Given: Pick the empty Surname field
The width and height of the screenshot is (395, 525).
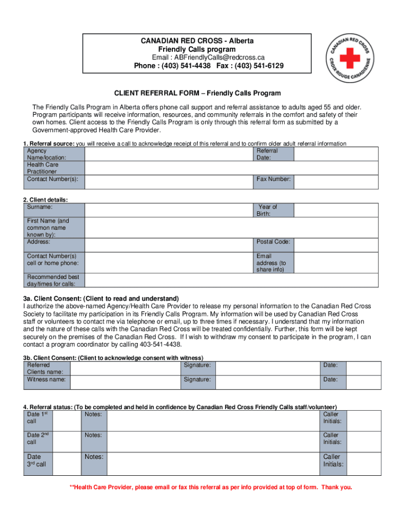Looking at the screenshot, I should pyautogui.click(x=169, y=210).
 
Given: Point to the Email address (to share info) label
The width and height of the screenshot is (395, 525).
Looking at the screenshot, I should pyautogui.click(x=272, y=262).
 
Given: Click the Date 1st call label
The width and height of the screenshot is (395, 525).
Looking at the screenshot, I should pyautogui.click(x=38, y=417).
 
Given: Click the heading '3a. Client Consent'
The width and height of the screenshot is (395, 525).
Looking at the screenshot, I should pyautogui.click(x=101, y=299).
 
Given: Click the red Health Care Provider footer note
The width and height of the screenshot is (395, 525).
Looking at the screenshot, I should pyautogui.click(x=211, y=487).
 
